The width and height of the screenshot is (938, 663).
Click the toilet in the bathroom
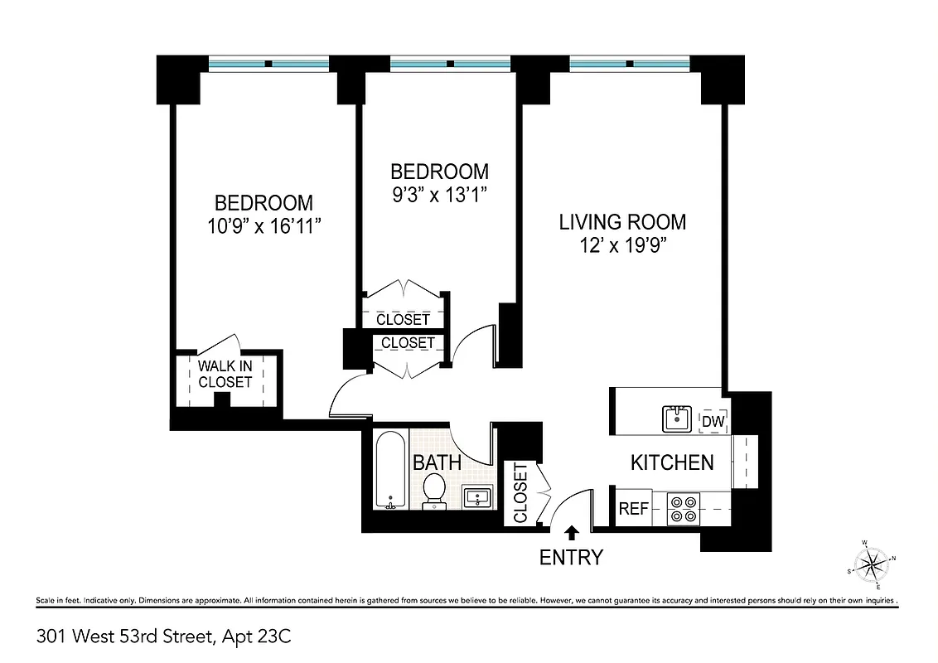(434, 491)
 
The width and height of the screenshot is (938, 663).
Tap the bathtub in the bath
(389, 470)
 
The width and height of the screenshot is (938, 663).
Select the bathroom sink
(476, 497)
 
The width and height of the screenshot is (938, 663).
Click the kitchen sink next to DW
(677, 419)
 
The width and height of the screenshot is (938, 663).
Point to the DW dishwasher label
(713, 422)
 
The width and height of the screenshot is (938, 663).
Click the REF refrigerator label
(634, 509)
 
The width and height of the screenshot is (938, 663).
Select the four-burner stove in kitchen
(684, 508)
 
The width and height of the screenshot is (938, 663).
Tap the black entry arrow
(571, 533)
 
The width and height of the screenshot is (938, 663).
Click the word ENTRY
(571, 558)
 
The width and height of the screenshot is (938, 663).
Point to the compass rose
(873, 565)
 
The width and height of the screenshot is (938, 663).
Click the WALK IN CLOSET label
(225, 374)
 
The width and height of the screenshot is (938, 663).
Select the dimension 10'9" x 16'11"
(264, 225)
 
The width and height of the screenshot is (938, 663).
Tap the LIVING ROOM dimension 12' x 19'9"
(622, 245)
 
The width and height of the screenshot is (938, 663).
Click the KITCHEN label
(672, 462)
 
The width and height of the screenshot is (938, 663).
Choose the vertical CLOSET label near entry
(520, 493)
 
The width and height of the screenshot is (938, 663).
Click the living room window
(629, 64)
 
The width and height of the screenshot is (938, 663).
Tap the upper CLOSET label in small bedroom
(403, 319)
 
